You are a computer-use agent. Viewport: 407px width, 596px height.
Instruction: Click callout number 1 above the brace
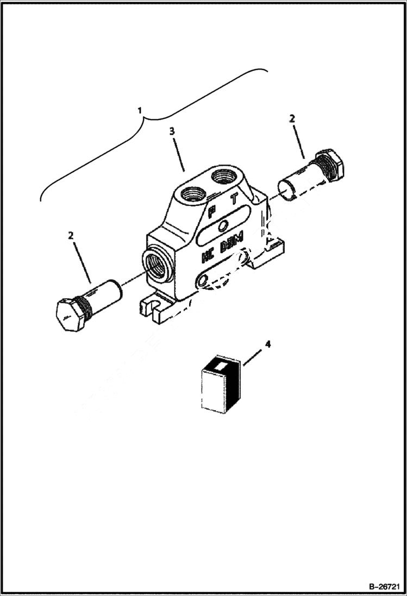[x=140, y=110]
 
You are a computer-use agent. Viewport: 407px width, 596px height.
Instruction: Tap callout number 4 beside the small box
[x=267, y=344]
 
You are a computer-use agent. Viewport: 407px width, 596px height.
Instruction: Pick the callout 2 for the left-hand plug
[x=70, y=235]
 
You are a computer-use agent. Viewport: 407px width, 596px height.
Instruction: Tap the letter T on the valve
[x=234, y=199]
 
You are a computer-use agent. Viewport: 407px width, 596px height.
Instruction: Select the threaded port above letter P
[x=192, y=192]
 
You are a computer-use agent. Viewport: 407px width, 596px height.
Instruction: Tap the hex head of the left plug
[x=70, y=315]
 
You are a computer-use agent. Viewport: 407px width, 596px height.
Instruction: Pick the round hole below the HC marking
[x=203, y=280]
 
